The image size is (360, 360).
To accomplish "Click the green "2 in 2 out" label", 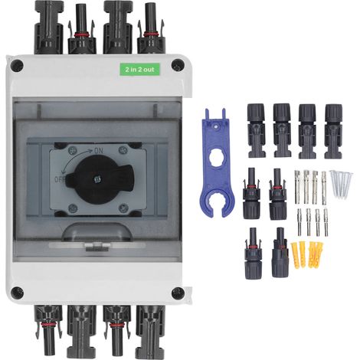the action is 140,69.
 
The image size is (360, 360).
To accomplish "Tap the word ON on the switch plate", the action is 98,151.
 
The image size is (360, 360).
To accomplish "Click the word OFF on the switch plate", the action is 60,179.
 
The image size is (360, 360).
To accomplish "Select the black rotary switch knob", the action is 100,179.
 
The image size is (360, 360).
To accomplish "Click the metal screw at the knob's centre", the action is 97,180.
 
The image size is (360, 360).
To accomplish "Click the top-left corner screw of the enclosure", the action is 17,65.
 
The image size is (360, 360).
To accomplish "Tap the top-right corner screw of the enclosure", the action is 178,65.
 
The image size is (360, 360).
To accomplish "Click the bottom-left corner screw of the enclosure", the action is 18,293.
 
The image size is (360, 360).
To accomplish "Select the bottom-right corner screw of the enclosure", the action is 178,293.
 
